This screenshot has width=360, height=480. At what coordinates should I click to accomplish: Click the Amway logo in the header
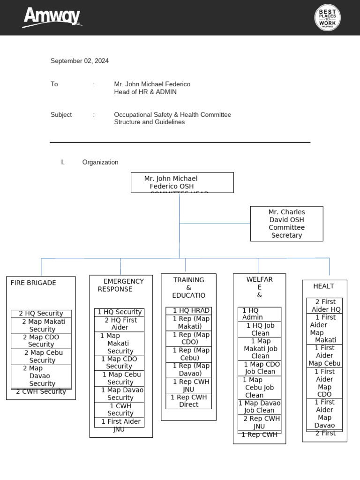click(x=52, y=17)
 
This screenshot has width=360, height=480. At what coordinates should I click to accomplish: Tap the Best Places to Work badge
click(x=327, y=18)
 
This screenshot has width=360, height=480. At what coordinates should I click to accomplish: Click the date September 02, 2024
click(x=80, y=61)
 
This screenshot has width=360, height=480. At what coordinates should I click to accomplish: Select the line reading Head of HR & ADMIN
click(x=145, y=92)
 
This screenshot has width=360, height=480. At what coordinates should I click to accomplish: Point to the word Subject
click(x=61, y=114)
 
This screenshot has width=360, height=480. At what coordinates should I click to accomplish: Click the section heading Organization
click(x=100, y=162)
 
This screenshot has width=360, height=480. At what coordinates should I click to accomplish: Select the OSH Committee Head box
click(x=182, y=182)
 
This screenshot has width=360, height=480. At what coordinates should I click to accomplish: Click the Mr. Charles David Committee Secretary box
click(x=286, y=224)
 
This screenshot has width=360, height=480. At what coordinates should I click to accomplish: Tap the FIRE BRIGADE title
click(x=33, y=283)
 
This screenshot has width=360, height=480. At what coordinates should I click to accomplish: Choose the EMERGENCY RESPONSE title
click(x=121, y=285)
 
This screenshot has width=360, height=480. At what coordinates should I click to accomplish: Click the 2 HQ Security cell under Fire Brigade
click(x=41, y=314)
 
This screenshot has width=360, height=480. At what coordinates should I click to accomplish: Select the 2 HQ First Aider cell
click(x=120, y=324)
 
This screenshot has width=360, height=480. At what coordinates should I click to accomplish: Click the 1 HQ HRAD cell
click(x=188, y=311)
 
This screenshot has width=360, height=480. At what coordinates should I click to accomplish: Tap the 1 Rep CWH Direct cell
click(x=188, y=401)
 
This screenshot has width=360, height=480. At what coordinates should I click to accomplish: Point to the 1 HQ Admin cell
click(x=259, y=314)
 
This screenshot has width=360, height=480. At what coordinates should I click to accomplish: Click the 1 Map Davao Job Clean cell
click(x=259, y=406)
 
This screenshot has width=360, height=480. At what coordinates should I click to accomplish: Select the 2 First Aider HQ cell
click(x=324, y=306)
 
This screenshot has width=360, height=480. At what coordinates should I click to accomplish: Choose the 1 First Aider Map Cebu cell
click(x=324, y=355)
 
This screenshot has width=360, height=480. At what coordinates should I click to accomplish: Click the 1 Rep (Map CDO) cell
click(x=188, y=338)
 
